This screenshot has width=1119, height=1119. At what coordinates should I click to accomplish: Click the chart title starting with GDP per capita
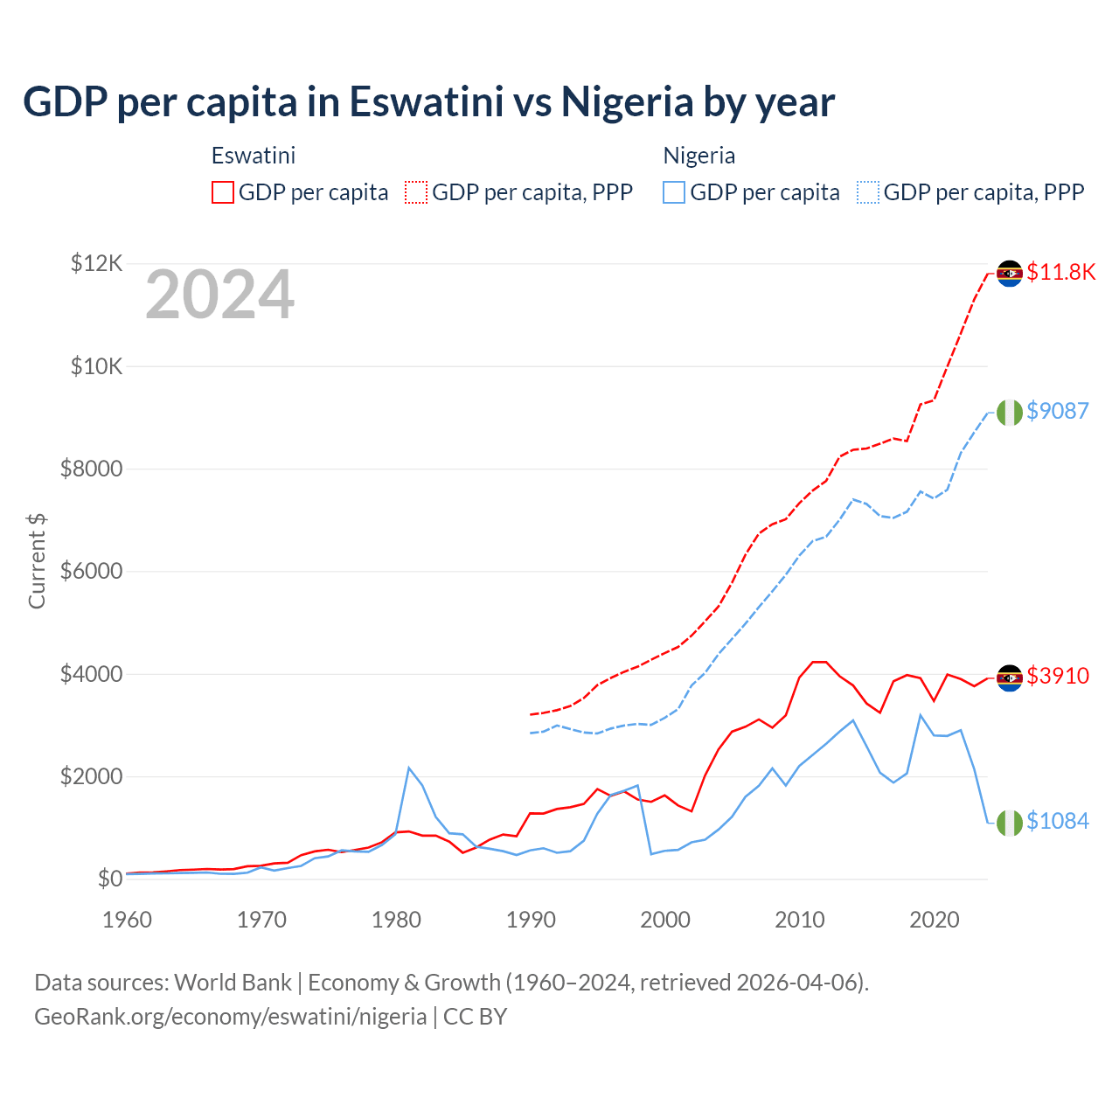pos(428,102)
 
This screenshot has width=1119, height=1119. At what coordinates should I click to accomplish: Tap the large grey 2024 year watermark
pos(219,295)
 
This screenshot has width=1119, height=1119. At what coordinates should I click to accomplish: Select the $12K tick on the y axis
pos(96,263)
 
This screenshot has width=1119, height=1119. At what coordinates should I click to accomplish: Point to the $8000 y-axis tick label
pos(91,469)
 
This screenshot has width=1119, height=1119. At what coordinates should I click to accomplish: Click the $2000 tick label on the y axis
pos(91,776)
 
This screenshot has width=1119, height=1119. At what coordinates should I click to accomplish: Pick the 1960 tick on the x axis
pos(127,920)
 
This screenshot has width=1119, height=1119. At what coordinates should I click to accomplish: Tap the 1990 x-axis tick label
pos(531,920)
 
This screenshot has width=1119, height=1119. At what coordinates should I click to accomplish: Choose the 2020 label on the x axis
pos(935,920)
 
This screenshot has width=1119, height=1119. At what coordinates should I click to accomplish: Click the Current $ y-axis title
pos(37,560)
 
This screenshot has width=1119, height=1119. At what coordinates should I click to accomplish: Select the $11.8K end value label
pos(1060,272)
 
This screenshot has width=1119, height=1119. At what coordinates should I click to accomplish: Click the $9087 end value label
pos(1057,411)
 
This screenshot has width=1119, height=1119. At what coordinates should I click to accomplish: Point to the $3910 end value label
pos(1057,676)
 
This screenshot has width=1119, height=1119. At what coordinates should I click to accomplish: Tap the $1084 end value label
pos(1057,821)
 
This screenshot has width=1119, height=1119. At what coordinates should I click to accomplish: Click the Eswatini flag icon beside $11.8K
pos(1010,273)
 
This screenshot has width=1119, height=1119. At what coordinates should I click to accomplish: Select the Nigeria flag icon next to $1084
pos(1010,823)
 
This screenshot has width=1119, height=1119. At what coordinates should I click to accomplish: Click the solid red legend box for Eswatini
pos(223,192)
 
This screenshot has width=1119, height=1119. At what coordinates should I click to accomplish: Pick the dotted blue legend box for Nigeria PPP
pos(868,192)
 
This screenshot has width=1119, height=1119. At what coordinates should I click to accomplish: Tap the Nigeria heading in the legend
pos(699,156)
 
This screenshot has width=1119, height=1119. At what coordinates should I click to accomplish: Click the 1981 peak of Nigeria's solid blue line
pos(409,768)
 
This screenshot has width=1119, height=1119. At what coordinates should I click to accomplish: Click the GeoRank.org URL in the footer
pos(230,1017)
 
